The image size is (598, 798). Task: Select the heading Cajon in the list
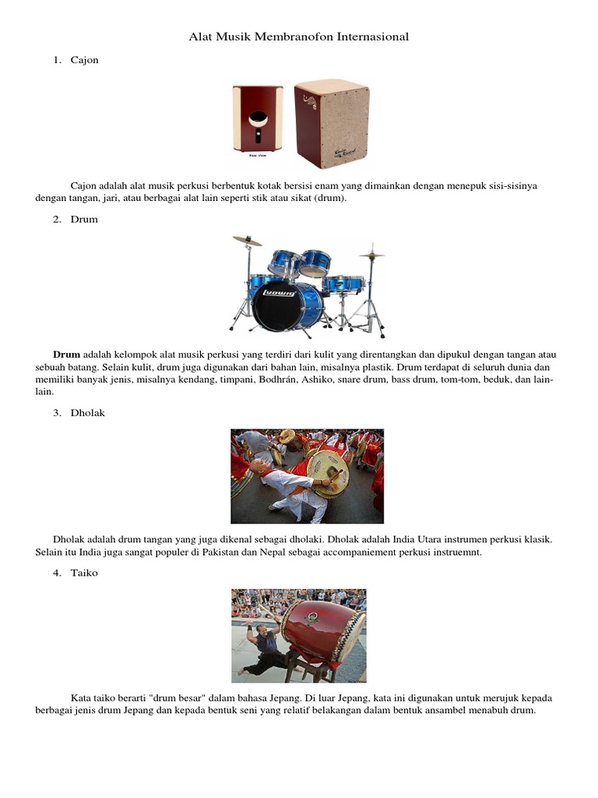[x=84, y=61]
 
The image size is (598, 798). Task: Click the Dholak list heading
[x=87, y=413]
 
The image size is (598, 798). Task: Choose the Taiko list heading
[x=84, y=573]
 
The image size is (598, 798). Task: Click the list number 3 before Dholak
[x=57, y=413]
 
